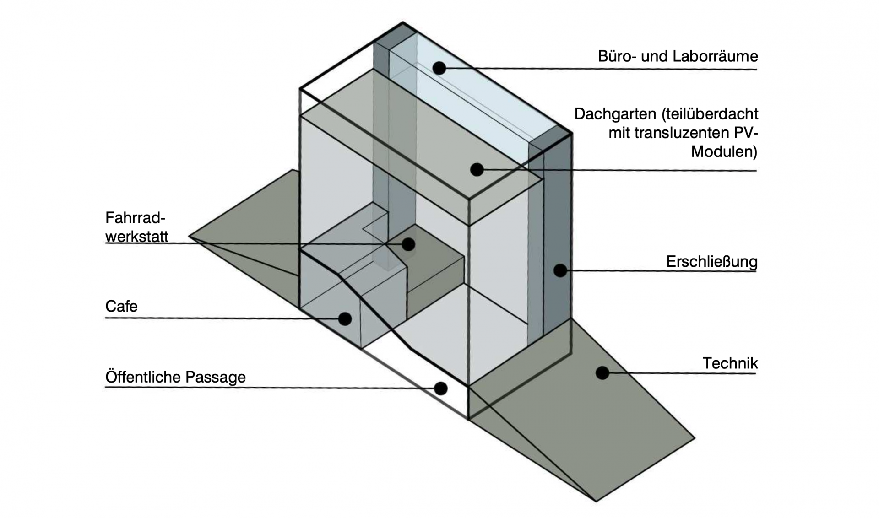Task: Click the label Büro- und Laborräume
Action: pos(678,56)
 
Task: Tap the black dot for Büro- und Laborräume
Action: pos(439,68)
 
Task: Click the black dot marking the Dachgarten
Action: pos(477,170)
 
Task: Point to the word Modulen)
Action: pos(724,151)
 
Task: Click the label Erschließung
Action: pos(711,262)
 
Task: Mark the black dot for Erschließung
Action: pos(560,270)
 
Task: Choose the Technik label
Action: pos(730,363)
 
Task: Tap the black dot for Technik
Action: pos(602,373)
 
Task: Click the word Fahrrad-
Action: pos(135,218)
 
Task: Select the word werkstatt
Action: pos(137,237)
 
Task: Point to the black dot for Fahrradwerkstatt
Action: pos(408,244)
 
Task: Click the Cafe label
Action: pos(121,306)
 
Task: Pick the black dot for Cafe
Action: pos(345,318)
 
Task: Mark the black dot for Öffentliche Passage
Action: pos(440,388)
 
